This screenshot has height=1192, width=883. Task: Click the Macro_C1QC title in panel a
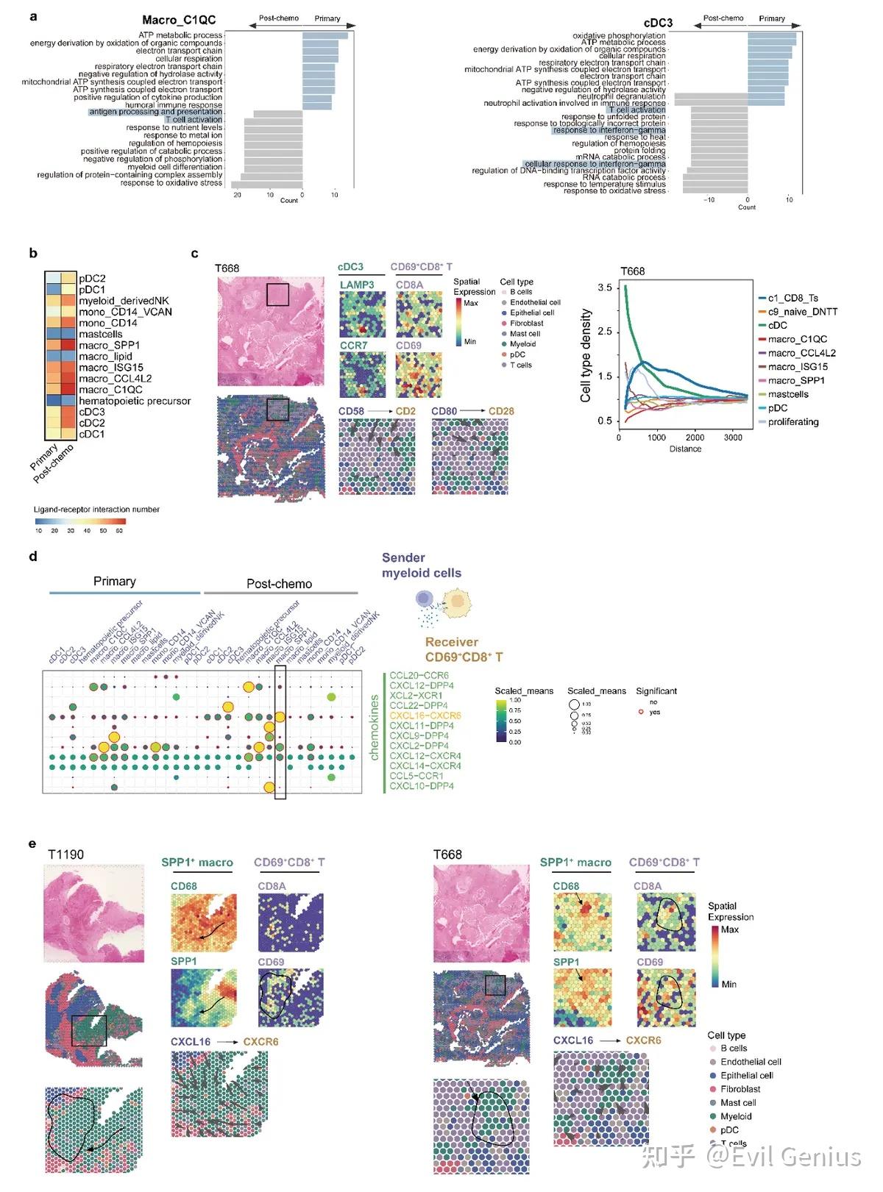point(179,20)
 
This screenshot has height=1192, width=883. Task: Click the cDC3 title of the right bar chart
point(658,23)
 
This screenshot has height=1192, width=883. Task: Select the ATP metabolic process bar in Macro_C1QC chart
point(325,35)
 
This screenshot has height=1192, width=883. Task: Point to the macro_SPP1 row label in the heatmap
point(109,346)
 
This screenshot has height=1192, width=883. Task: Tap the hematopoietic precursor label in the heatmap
point(135,401)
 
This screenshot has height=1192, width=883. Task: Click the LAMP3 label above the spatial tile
point(357,285)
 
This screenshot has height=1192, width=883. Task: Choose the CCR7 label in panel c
point(353,345)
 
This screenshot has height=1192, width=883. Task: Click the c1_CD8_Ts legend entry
point(792,298)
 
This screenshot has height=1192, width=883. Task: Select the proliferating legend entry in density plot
point(792,422)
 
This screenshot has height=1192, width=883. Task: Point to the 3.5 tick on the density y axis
point(604,288)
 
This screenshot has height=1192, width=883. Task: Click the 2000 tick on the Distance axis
point(695,438)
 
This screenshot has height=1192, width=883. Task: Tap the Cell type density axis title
point(586,355)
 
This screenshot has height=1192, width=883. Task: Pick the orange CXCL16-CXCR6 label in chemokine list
point(425,715)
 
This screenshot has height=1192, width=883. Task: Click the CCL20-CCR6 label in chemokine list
point(419,675)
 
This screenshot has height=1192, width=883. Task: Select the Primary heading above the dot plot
point(114,582)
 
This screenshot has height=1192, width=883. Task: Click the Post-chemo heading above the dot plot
point(279,584)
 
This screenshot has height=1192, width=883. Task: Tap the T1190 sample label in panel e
point(65,854)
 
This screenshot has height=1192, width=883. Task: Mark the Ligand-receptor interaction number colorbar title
point(96,510)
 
